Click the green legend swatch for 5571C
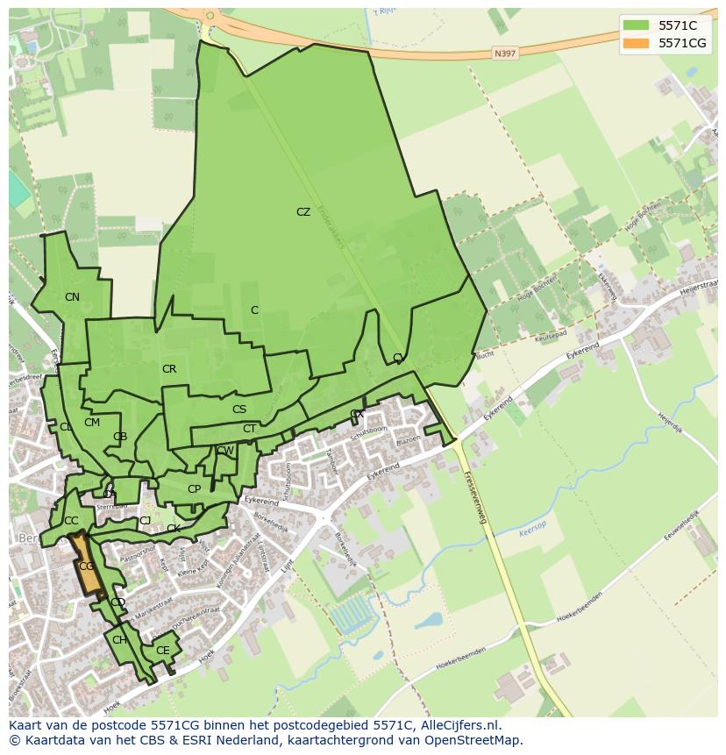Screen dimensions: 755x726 click(x=637, y=25)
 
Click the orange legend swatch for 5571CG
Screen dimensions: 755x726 click(x=637, y=43)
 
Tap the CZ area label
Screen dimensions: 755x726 click(x=303, y=212)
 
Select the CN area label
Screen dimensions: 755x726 click(x=72, y=297)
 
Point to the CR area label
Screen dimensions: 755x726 click(x=169, y=369)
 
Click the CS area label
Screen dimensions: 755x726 click(x=239, y=410)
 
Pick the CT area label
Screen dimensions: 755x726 click(x=250, y=429)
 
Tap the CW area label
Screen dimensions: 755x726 click(x=225, y=451)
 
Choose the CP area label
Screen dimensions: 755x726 click(x=194, y=489)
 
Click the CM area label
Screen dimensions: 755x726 click(x=92, y=423)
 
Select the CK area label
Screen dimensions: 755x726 click(x=174, y=529)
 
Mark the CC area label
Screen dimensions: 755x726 click(x=71, y=521)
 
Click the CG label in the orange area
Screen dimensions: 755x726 click(x=86, y=566)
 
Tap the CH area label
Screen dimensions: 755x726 click(x=119, y=640)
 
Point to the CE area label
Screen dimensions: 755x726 click(x=162, y=651)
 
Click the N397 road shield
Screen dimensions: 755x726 click(x=504, y=53)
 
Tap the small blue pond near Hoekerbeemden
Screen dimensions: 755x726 click(x=429, y=620)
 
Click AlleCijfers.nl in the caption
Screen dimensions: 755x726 click(x=459, y=725)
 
